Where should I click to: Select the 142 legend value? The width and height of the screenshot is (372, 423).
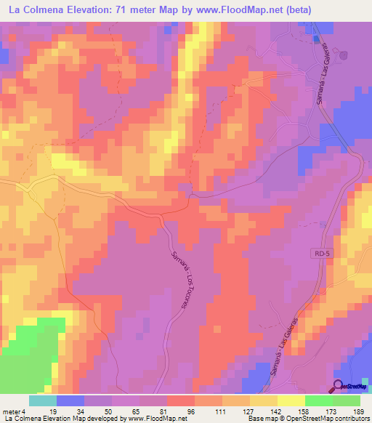[x=264, y=411]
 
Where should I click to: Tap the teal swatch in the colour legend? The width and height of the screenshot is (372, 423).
[x=43, y=400]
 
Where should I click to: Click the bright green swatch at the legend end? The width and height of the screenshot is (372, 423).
[x=347, y=400]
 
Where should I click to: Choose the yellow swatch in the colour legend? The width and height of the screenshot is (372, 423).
[x=291, y=400]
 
